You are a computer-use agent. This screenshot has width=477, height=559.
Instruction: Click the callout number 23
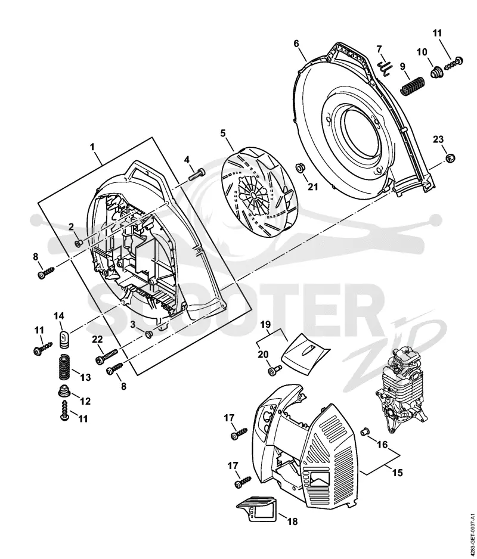tap(438, 139)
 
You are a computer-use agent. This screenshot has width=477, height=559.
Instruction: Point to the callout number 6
tap(296, 44)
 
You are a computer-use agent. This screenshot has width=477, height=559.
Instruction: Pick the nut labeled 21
tap(300, 167)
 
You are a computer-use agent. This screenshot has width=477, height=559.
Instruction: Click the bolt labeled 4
tap(193, 174)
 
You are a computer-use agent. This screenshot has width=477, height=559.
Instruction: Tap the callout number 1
tap(92, 147)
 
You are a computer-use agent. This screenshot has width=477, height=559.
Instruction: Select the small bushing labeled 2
tap(79, 243)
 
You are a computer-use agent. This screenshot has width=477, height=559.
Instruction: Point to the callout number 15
tap(397, 473)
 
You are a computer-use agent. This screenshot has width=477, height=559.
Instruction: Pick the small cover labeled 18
tap(256, 508)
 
